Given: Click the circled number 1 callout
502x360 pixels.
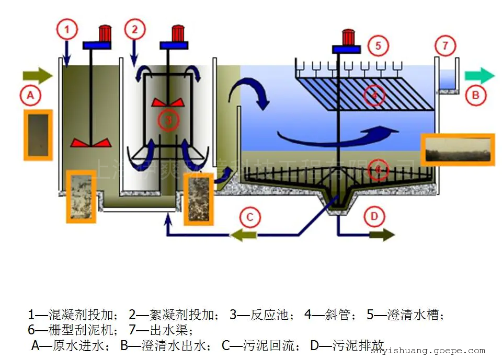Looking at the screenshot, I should coord(67,30).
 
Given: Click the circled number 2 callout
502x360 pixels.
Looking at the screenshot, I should coord(135,29).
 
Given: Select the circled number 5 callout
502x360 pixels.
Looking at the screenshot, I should coord(378,45).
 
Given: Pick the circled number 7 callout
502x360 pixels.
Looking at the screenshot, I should coord(445,45).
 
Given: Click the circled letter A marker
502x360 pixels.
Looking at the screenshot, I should coord(30,96).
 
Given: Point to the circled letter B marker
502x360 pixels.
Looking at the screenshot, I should coord(475,96).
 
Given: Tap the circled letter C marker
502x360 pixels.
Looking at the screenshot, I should coord(250,216).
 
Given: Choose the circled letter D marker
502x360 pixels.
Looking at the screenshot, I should coord(374,216).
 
